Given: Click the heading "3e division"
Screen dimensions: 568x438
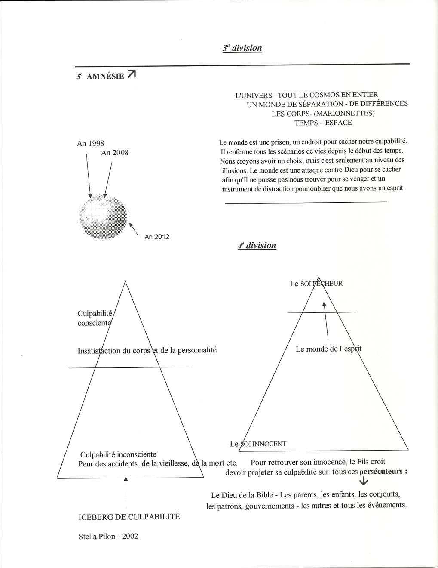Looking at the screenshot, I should pos(242,48).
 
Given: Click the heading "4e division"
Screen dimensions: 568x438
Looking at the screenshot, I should pos(257,246).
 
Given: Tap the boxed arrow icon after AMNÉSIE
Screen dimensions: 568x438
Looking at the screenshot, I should pos(132,75).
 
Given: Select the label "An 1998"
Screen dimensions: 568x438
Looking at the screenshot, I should pos(90,143).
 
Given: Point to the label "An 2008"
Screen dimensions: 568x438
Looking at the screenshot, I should pos(114,153).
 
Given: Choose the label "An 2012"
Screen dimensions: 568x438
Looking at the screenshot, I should pos(157,237).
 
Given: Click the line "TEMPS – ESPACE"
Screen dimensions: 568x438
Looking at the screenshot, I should pos(323,123).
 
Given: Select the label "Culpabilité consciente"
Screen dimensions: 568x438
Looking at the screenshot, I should pos(95,318).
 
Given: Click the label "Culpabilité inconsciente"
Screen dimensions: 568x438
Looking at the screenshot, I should pos(119,454).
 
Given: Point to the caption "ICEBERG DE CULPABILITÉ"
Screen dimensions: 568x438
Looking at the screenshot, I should pos(129,517).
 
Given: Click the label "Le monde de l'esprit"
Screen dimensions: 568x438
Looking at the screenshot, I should pos(328,349).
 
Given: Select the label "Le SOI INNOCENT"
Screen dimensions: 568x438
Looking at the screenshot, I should pos(258,444).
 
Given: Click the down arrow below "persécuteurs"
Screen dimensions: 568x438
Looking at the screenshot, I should pos(366,482).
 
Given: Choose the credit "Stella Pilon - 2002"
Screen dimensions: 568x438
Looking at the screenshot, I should pos(108,536).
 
